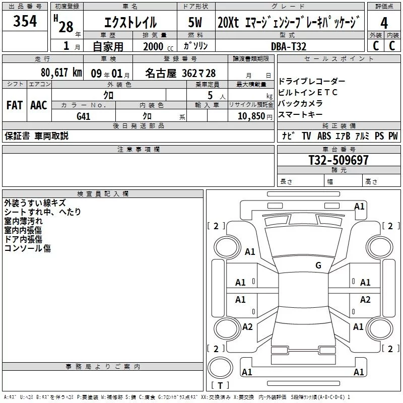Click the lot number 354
(25, 21)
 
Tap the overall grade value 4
(384, 23)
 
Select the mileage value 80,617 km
(61, 73)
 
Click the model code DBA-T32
(289, 46)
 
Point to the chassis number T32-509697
(339, 160)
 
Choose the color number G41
(83, 116)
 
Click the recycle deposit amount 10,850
(251, 116)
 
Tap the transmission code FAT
(15, 105)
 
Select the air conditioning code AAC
(39, 105)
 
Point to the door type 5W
(195, 22)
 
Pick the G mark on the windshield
(318, 265)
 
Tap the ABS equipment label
(324, 136)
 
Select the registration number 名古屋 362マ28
(180, 73)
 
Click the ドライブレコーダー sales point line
(312, 81)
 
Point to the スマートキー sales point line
(300, 114)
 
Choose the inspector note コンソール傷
(28, 248)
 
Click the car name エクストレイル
(130, 22)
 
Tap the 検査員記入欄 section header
(103, 194)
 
